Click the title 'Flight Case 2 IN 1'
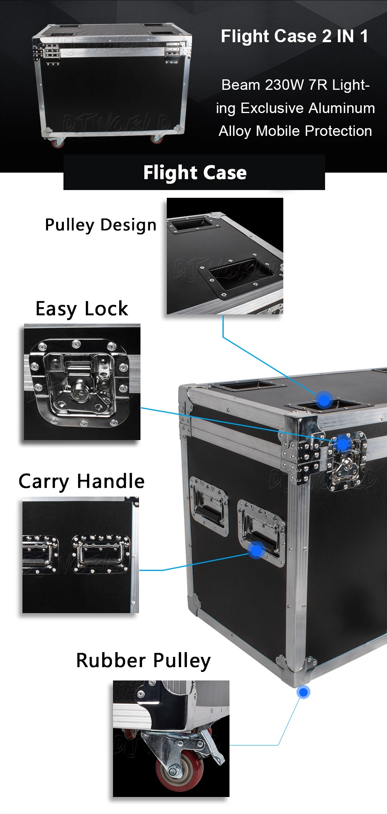(x=294, y=36)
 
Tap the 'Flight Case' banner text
(x=195, y=173)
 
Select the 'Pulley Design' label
(x=101, y=225)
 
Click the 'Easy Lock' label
(x=82, y=309)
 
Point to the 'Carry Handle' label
(x=82, y=482)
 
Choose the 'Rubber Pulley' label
(x=143, y=661)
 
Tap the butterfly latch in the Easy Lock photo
(x=81, y=383)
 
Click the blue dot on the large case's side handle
(x=256, y=550)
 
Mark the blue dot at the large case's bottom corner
(x=303, y=692)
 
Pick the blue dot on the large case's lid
(x=324, y=399)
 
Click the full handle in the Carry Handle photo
(x=101, y=554)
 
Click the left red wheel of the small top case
(x=58, y=143)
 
